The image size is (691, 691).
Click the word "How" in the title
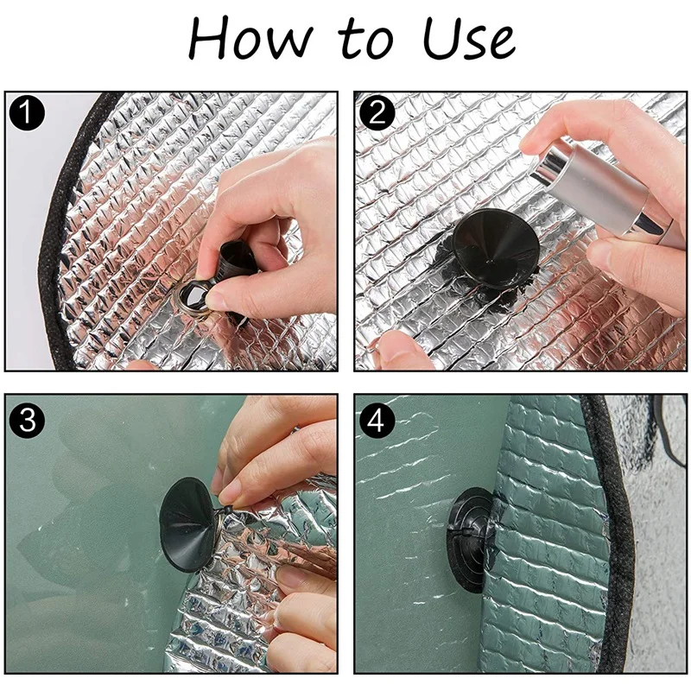[250, 39]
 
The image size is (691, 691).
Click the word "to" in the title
[365, 41]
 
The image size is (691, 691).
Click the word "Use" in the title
[468, 40]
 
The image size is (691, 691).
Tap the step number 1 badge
[27, 113]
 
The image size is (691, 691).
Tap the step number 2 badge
[377, 113]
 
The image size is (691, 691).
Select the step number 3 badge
[27, 421]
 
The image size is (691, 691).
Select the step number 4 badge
[377, 421]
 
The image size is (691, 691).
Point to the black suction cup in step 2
[495, 248]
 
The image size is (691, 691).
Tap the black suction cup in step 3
[188, 524]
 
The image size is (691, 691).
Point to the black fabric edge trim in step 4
[611, 533]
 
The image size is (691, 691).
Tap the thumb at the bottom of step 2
[404, 351]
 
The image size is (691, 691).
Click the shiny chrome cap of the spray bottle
[548, 164]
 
